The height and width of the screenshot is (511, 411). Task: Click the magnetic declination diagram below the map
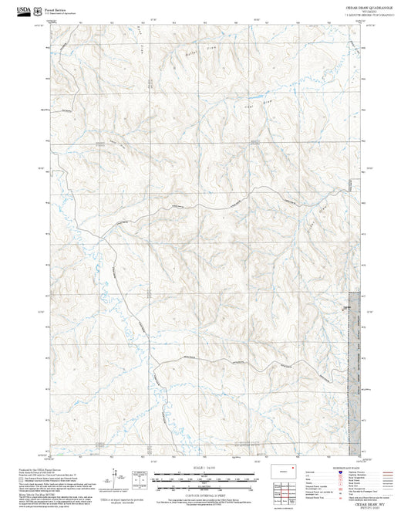(137, 476)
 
